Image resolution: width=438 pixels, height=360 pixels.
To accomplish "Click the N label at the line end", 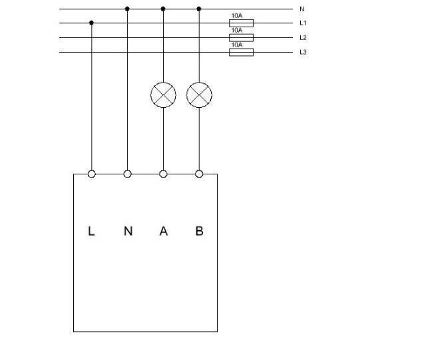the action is pyautogui.click(x=302, y=9).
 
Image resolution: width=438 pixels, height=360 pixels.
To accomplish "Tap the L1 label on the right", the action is pyautogui.click(x=303, y=23).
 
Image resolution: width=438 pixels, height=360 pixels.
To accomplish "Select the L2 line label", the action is pyautogui.click(x=303, y=37).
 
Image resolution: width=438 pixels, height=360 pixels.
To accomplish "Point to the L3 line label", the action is pyautogui.click(x=303, y=52).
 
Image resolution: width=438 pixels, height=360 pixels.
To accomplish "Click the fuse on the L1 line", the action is pyautogui.click(x=242, y=23).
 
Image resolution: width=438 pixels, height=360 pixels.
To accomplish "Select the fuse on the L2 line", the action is pyautogui.click(x=242, y=38).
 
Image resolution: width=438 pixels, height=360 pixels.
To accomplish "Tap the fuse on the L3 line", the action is pyautogui.click(x=242, y=52).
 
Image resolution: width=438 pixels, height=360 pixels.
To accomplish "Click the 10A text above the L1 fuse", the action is pyautogui.click(x=237, y=16).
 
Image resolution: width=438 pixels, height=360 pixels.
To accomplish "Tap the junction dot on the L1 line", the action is pyautogui.click(x=91, y=23).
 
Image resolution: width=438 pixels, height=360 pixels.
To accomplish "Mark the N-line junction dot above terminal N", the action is pyautogui.click(x=127, y=9).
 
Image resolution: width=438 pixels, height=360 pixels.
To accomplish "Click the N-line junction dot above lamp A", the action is pyautogui.click(x=163, y=9).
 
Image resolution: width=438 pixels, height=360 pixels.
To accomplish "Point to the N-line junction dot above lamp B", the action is pyautogui.click(x=199, y=9).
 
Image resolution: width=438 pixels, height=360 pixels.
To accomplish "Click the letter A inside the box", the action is pyautogui.click(x=164, y=231).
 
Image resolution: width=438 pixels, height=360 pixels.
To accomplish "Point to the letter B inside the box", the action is pyautogui.click(x=200, y=231).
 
